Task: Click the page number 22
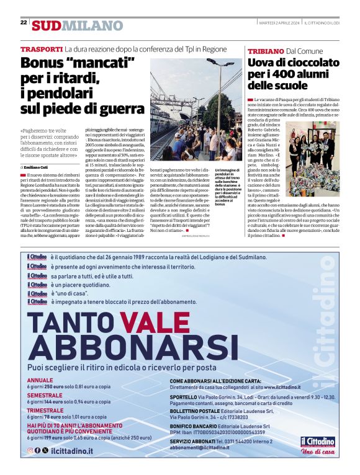click(24, 22)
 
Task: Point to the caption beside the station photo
click(228, 186)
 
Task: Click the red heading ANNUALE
click(40, 380)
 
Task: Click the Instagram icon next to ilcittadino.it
click(30, 451)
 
